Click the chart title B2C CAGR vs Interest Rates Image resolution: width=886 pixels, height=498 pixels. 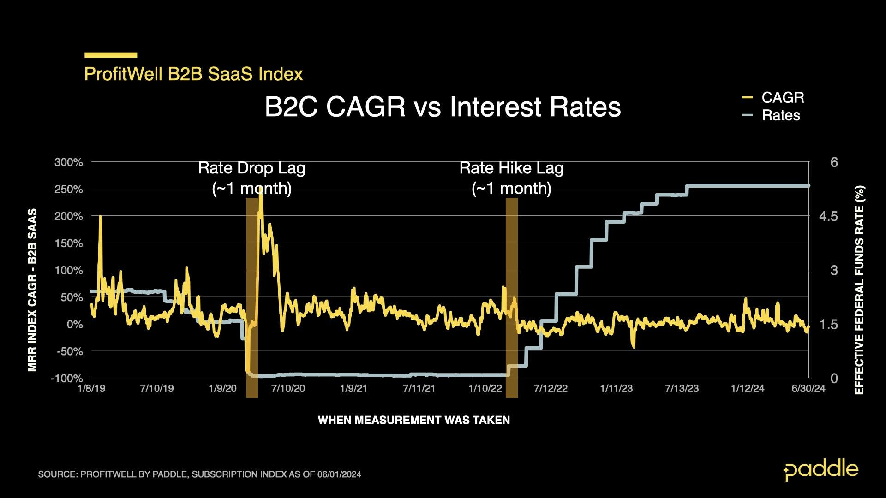[x=443, y=107]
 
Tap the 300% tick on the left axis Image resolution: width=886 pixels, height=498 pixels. [x=69, y=162]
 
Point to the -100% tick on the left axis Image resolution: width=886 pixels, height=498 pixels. [x=67, y=378]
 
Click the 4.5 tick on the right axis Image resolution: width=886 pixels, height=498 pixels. [x=828, y=216]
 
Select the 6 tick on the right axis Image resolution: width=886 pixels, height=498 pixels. [x=834, y=162]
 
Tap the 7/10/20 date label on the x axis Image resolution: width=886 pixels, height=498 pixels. [x=288, y=388]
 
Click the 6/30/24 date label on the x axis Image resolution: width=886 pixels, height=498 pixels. [x=808, y=388]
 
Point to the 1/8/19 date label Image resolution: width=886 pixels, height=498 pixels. [x=91, y=388]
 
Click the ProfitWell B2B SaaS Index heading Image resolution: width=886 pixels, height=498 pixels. [x=193, y=74]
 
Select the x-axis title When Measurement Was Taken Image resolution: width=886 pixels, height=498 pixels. [x=414, y=420]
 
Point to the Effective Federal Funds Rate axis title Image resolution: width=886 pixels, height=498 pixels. [x=859, y=290]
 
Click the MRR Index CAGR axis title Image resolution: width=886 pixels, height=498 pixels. [x=32, y=290]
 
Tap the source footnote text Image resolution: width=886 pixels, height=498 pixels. [x=199, y=474]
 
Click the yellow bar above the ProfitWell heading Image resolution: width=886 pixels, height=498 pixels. [x=111, y=55]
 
